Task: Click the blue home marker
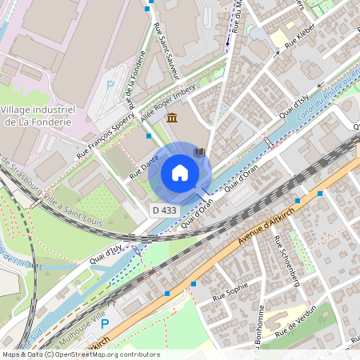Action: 180,173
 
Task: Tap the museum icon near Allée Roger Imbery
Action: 172,118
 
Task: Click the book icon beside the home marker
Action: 199,152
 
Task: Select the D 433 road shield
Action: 163,210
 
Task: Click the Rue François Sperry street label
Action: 105,141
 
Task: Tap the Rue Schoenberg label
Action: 285,262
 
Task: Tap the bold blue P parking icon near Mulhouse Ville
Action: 104,324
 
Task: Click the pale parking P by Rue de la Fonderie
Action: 110,84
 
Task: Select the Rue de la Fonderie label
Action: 138,80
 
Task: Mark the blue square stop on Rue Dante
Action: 148,136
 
